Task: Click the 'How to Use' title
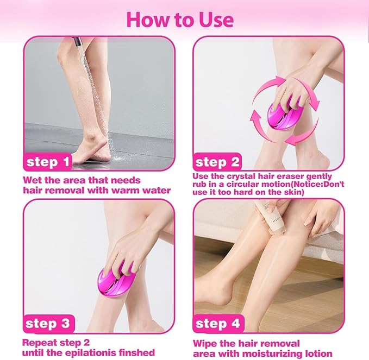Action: coord(180,19)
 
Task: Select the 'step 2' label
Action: coord(217,162)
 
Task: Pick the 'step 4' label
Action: coord(217,324)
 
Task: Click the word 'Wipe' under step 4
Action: coord(207,343)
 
